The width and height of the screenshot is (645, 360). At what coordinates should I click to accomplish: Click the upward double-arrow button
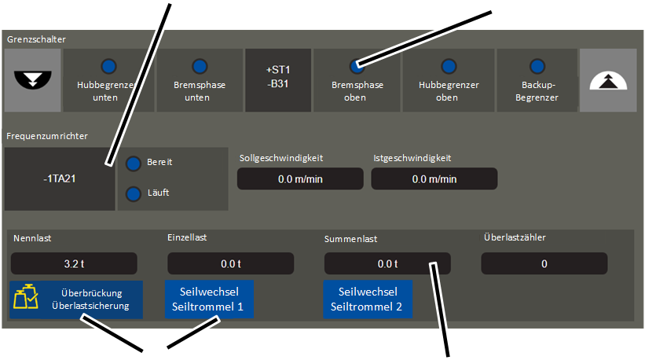point(608,79)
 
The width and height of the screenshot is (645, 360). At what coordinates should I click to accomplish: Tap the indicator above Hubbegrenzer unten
point(108,66)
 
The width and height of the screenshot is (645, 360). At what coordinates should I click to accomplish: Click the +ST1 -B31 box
point(278,79)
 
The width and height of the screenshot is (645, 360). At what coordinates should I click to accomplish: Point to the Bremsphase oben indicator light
point(357,66)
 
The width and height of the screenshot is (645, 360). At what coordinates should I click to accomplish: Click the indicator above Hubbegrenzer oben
point(448,66)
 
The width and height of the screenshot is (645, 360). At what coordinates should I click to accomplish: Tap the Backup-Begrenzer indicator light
point(539,66)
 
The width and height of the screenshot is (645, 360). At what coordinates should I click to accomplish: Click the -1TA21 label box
point(59,178)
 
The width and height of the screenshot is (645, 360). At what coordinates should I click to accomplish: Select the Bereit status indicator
point(134,163)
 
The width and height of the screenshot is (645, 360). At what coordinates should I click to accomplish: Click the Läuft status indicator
point(134,193)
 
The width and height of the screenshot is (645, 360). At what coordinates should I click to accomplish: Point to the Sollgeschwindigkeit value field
point(300,178)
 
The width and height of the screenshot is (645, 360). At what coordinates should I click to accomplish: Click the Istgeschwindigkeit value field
point(434,178)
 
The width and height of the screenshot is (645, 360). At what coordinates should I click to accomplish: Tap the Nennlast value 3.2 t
point(74,263)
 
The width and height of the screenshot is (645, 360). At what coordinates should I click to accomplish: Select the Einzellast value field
point(231,263)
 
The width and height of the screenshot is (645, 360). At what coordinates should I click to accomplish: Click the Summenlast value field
point(387,263)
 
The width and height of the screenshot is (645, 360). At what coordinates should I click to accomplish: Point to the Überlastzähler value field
point(544,263)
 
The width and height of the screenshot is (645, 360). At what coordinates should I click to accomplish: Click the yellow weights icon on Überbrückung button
point(27,299)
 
